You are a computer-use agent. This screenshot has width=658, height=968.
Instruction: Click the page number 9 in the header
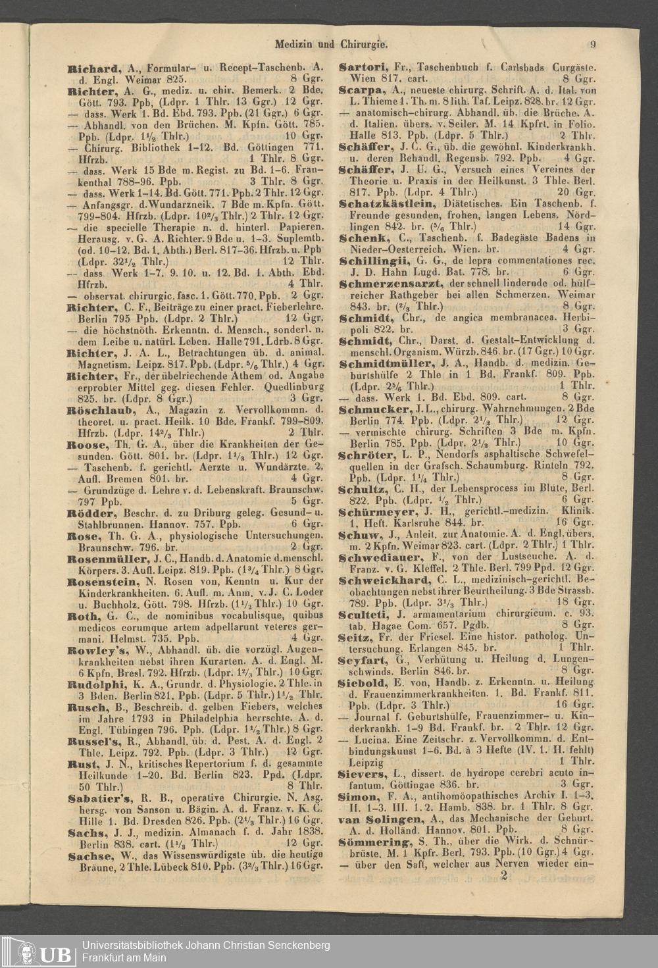[x=593, y=45]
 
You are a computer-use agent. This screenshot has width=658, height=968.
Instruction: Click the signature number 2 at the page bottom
[x=504, y=875]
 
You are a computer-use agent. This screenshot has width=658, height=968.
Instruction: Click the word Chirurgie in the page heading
[x=364, y=45]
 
